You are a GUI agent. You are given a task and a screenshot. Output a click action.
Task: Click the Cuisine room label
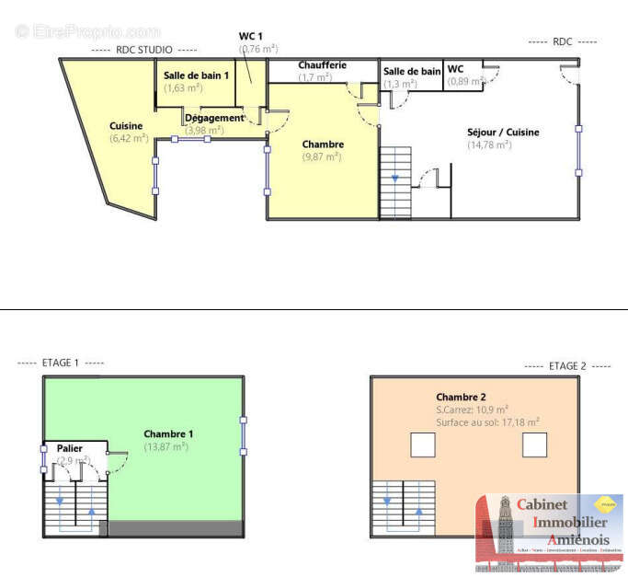coord(126,126)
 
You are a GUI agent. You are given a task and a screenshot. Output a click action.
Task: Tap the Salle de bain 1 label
coord(196,75)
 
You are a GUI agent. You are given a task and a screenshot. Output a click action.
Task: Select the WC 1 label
coord(251,36)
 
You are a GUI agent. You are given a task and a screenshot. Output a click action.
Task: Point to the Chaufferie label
coord(321,65)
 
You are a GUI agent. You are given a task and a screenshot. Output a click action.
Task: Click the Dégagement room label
coord(214,118)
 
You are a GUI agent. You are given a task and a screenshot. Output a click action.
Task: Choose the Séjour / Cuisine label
coord(503,133)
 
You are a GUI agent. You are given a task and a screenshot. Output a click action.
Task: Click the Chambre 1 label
coord(168,433)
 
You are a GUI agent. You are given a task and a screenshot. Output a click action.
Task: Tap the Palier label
coord(70,448)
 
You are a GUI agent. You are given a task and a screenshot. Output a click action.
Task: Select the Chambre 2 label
coord(461,397)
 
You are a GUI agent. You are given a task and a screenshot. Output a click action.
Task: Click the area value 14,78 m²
coord(489,145)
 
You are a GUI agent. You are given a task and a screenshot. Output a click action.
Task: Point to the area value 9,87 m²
coord(322,157)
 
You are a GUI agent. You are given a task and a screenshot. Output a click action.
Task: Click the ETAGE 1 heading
coord(61,364)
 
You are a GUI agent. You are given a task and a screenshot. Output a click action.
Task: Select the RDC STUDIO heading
coord(143,50)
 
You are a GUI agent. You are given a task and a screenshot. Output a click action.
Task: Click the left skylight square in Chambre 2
coord(422,445)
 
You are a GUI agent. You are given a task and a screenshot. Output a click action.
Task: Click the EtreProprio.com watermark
coord(88,31)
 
